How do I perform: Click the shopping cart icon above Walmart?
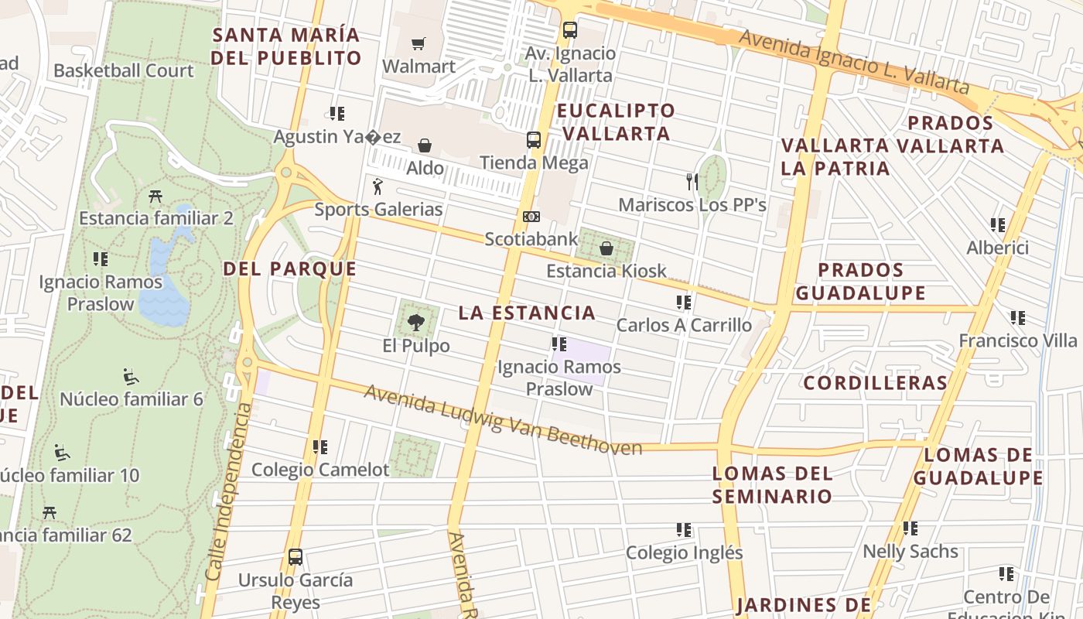click(x=419, y=44)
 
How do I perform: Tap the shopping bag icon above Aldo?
click(x=425, y=145)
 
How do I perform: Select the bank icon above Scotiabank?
click(x=531, y=217)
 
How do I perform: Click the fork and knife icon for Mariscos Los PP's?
click(x=692, y=182)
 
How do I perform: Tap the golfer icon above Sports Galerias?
click(x=378, y=186)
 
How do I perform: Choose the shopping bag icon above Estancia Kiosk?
click(x=606, y=248)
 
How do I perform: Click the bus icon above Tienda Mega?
click(x=534, y=140)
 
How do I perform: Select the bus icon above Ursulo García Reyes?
click(x=295, y=557)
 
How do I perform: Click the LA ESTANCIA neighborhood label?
click(x=527, y=313)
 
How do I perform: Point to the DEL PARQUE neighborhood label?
click(x=290, y=269)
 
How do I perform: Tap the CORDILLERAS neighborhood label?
click(x=875, y=383)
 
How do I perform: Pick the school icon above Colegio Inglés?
click(x=684, y=530)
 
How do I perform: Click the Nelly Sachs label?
click(x=910, y=552)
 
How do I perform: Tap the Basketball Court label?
click(x=124, y=71)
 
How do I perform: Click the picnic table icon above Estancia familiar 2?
click(x=155, y=196)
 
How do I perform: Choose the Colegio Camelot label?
click(x=320, y=470)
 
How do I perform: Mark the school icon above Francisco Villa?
click(x=1018, y=318)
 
